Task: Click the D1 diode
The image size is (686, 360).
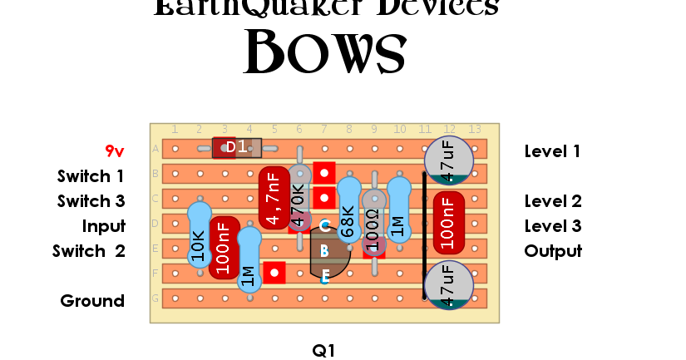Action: point(237,148)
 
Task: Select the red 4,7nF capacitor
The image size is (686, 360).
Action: point(274,198)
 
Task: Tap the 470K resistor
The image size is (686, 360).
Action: point(299,200)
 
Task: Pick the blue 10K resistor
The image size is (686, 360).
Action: point(199,237)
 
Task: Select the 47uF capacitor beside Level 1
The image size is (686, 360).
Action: point(449,160)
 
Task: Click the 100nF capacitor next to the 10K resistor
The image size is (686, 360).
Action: point(225,248)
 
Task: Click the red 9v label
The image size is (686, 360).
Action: point(114,151)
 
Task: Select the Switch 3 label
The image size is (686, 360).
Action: point(91,201)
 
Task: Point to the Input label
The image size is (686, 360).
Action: point(103,226)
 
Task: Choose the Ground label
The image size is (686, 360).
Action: point(92,301)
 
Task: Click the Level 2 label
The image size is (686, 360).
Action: point(553,201)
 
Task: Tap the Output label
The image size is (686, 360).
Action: point(553,251)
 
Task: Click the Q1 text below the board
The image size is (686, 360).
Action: point(323,351)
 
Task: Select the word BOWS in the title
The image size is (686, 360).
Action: point(324,54)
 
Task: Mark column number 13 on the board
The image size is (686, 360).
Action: point(475,129)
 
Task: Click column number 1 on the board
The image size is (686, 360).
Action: point(175,129)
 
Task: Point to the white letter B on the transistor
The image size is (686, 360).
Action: point(324,251)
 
